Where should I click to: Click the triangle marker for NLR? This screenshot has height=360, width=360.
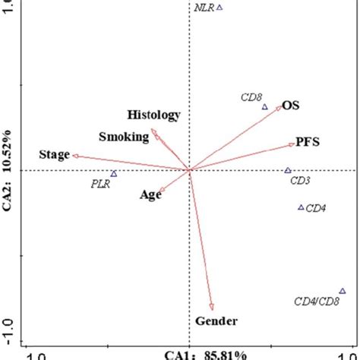click(x=219, y=8)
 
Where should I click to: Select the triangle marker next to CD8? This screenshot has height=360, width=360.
click(x=265, y=107)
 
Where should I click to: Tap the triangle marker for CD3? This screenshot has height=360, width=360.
click(x=288, y=171)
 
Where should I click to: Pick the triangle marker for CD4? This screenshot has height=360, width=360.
click(x=301, y=207)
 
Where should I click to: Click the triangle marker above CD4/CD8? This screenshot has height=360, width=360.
click(x=343, y=291)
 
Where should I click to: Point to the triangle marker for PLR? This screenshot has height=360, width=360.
click(x=114, y=174)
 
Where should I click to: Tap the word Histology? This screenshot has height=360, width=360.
click(x=154, y=115)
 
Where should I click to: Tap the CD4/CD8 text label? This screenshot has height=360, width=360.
click(x=316, y=302)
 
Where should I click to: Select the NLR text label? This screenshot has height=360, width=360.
click(x=202, y=8)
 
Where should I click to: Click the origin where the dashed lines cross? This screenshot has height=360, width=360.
click(x=188, y=170)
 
